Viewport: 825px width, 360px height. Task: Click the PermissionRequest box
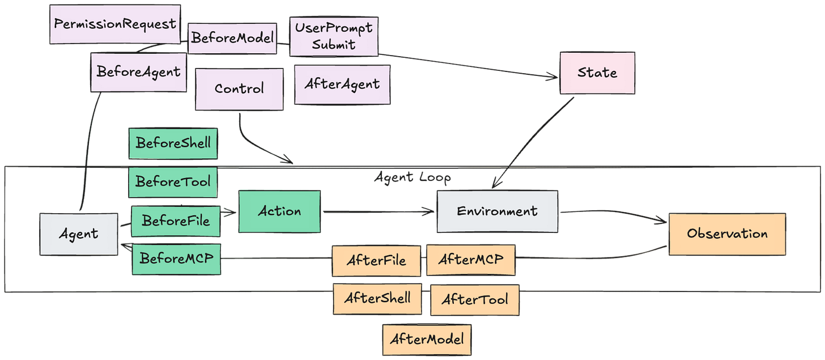(x=115, y=24)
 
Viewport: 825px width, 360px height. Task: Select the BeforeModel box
(x=231, y=39)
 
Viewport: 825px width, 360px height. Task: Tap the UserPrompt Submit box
(x=333, y=37)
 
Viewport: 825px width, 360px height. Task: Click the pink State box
(x=597, y=73)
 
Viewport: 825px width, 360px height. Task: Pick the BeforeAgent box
(x=138, y=72)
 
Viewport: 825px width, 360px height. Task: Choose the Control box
(x=239, y=89)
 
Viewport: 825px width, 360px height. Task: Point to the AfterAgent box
(x=342, y=84)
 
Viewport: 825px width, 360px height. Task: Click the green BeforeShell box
(x=173, y=142)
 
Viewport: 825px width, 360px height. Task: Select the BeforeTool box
(x=173, y=183)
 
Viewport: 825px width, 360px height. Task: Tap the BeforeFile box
(x=175, y=221)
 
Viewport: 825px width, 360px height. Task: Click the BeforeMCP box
(x=176, y=259)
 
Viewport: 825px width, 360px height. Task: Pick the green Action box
(x=279, y=211)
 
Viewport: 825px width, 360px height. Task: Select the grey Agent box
(x=79, y=234)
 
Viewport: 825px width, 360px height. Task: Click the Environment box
(x=497, y=211)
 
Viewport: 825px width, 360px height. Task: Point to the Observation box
(x=727, y=234)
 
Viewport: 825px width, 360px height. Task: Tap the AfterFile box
(x=376, y=260)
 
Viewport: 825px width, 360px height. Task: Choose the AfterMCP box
(x=470, y=260)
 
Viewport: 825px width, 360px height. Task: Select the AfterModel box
(x=426, y=339)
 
